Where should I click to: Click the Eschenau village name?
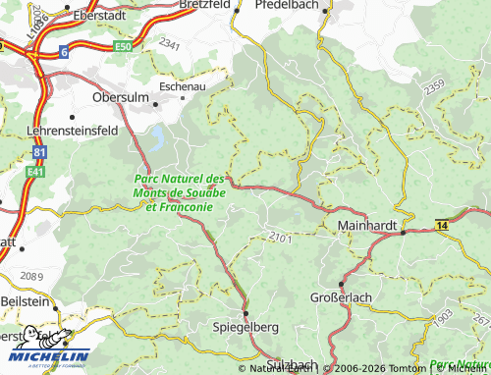pyautogui.click(x=182, y=86)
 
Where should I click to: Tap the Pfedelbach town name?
pyautogui.click(x=288, y=5)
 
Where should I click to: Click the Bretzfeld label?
pyautogui.click(x=204, y=5)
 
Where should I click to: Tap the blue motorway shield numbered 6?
pyautogui.click(x=64, y=52)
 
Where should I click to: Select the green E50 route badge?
pyautogui.click(x=122, y=46)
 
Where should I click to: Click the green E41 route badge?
pyautogui.click(x=35, y=171)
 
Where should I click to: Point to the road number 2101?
pyautogui.click(x=280, y=236)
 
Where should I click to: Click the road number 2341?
pyautogui.click(x=169, y=45)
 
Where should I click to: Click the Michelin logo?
pyautogui.click(x=46, y=355)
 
